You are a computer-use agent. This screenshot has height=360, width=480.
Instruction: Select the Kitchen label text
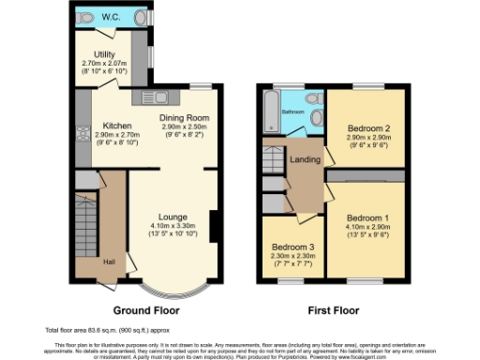(117, 126)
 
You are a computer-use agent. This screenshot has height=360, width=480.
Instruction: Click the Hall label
(109, 262)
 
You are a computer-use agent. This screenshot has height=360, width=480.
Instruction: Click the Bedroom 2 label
(366, 127)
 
